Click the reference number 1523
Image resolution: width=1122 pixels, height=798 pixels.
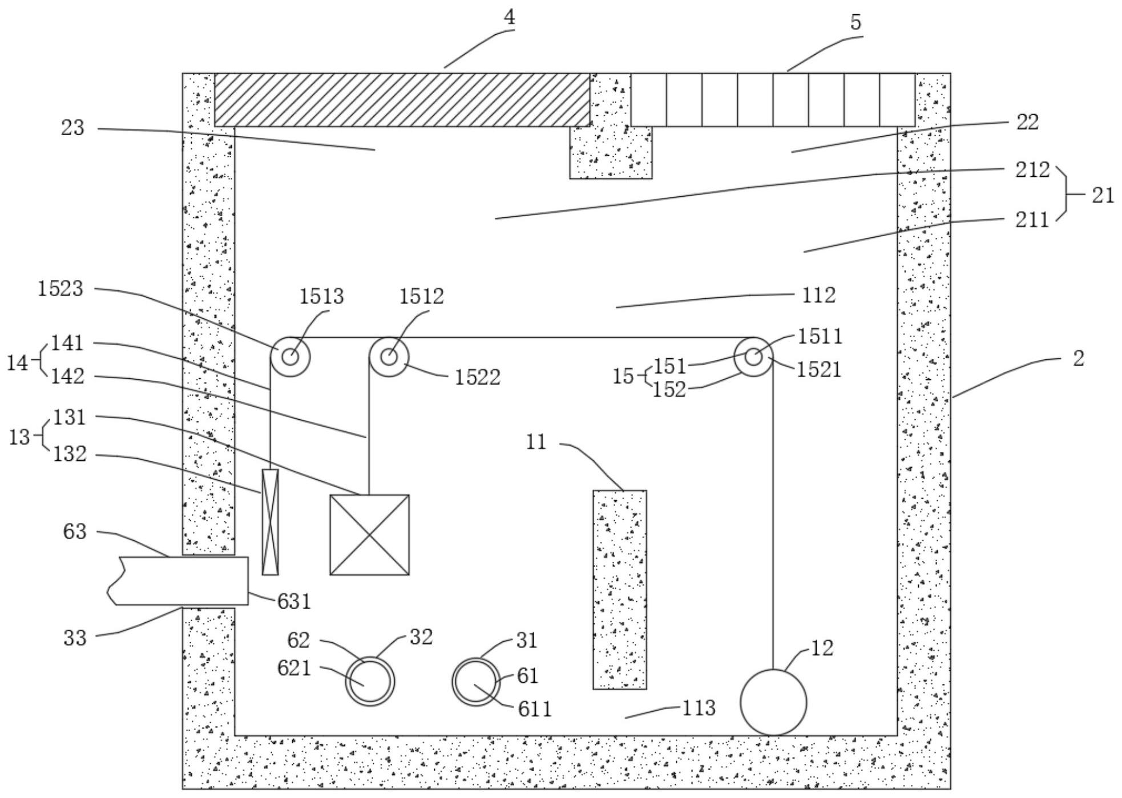[60, 289]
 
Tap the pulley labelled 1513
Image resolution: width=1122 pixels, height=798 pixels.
[290, 357]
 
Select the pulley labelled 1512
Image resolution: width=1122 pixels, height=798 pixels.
[389, 357]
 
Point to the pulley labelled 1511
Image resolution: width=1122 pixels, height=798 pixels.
[753, 357]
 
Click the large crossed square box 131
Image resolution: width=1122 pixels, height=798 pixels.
[369, 534]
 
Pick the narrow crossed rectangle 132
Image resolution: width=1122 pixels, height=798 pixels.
[270, 521]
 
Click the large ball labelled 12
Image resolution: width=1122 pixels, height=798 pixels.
[773, 702]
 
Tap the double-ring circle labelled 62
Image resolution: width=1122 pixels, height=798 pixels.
[370, 681]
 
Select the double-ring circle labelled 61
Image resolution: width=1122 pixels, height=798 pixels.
[476, 681]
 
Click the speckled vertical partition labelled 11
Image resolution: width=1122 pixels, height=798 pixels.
[619, 589]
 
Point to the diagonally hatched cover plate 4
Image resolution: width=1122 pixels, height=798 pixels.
[402, 99]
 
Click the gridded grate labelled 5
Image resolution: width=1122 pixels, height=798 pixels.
[772, 99]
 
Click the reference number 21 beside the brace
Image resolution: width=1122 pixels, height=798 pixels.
[1102, 195]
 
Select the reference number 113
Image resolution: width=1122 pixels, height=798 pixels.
[699, 708]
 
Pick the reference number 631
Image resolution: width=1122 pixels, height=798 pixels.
[294, 601]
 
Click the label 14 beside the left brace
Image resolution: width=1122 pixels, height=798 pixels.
[17, 363]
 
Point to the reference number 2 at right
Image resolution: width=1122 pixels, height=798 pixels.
[1077, 359]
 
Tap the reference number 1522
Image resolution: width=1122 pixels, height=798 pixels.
[477, 377]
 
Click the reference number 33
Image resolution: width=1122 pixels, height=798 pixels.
[75, 638]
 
